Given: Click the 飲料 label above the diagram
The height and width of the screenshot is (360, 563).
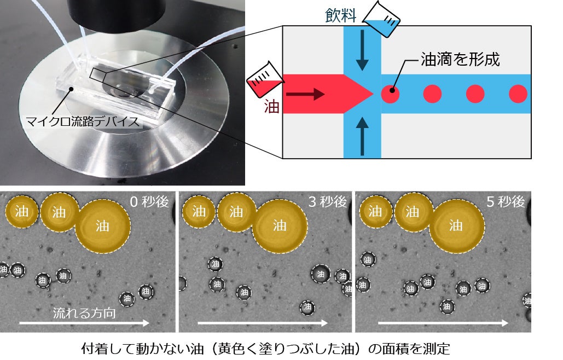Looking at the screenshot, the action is point(340,15).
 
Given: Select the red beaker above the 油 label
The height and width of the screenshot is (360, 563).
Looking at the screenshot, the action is point(265,79).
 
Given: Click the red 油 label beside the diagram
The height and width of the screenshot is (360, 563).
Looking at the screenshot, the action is point(271,107).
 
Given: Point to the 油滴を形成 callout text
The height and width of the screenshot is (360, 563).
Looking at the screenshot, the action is point(460,59).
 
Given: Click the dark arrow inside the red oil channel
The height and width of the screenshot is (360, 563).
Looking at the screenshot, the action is point(305,94).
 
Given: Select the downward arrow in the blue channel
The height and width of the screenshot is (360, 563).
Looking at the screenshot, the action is point(362,50).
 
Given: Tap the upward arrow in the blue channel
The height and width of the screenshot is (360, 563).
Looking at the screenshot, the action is point(362,137).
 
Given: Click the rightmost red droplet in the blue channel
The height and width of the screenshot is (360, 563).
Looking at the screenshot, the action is point(518,94).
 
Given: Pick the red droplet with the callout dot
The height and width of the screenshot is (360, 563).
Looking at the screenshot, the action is point(390,94).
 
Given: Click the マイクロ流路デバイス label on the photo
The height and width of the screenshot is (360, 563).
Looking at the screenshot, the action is point(82,121).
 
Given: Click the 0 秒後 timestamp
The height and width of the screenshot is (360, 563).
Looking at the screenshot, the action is point(149,202).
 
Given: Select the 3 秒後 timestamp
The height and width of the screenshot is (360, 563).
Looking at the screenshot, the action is point(327,202).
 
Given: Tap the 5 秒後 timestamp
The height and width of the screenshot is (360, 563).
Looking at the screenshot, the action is point(505,202).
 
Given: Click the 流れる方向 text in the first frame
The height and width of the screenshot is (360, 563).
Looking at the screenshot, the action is point(84,313).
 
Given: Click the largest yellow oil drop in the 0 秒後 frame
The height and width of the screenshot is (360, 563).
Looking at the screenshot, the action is point(103,227).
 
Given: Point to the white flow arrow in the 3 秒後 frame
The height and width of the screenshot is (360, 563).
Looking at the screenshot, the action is point(263,323).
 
